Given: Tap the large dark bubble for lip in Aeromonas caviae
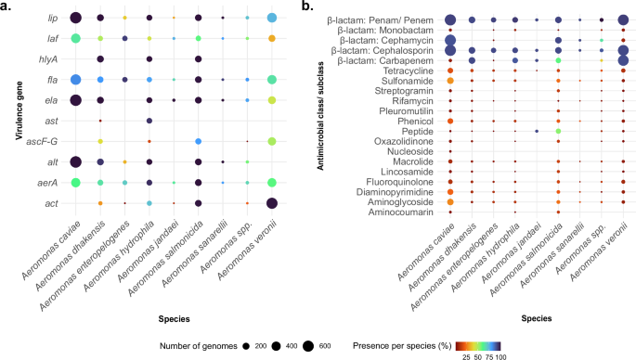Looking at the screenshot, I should coord(75,18).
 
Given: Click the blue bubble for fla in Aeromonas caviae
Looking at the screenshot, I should coord(75,80).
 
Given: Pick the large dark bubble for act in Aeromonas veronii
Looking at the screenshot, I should coord(271,203).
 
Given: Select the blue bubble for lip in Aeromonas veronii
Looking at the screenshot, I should coord(271,18).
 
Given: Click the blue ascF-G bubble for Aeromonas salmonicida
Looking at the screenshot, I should coord(198,141).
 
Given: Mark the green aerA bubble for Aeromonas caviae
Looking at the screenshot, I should coord(75,183).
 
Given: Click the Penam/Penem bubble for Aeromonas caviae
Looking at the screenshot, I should coord(450,19).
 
